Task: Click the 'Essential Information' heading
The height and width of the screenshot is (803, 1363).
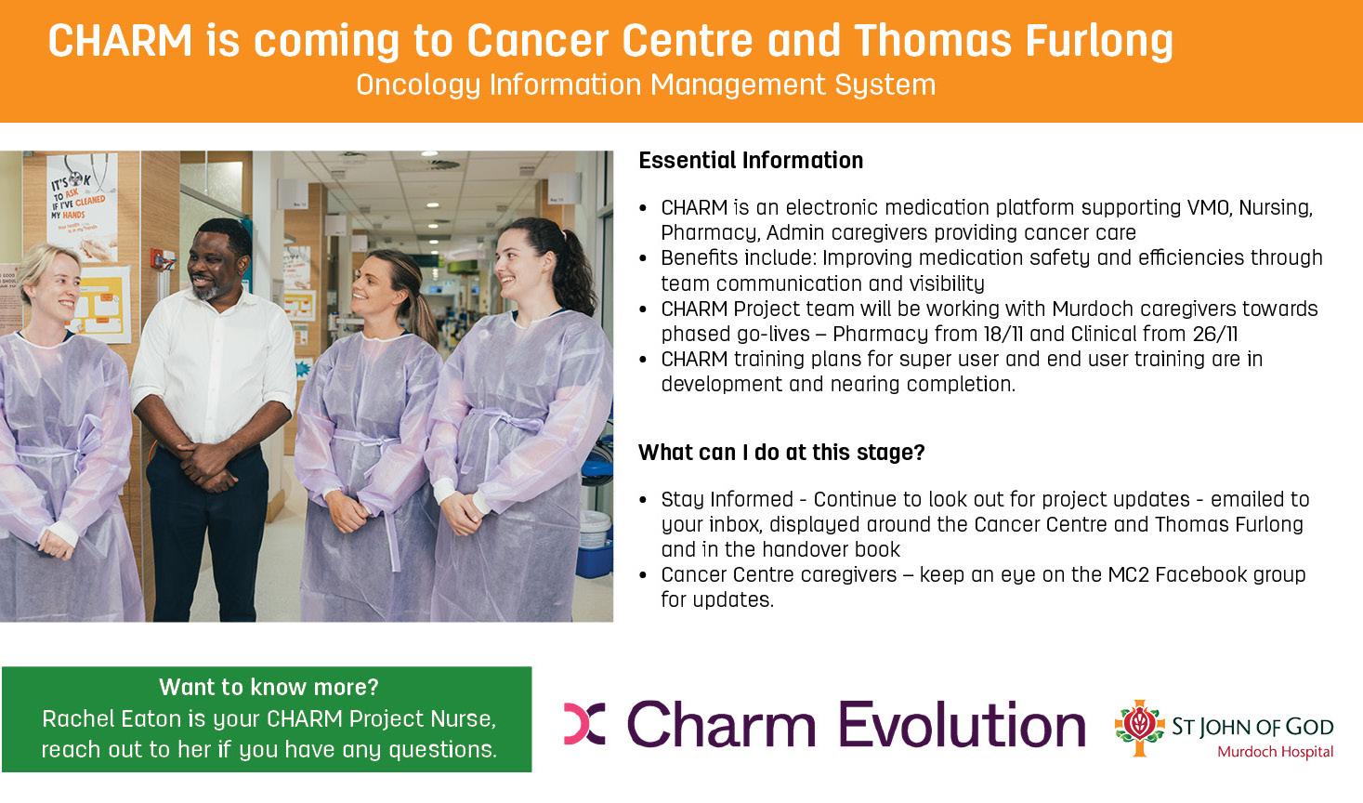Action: tap(751, 161)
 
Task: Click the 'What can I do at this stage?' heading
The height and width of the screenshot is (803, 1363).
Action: tap(781, 453)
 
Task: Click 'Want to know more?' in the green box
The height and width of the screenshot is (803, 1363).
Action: tap(269, 688)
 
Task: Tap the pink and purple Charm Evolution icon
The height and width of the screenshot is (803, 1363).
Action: tap(584, 724)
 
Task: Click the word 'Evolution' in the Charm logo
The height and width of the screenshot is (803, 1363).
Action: tap(963, 724)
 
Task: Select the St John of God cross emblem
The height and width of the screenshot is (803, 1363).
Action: tap(1140, 728)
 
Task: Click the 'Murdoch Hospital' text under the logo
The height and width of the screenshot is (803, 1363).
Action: tap(1276, 752)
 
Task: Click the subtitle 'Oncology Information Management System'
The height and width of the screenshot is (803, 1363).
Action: tap(646, 86)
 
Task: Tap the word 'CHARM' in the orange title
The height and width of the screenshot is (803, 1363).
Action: tap(120, 41)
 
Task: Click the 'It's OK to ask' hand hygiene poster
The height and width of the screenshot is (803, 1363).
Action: tap(82, 204)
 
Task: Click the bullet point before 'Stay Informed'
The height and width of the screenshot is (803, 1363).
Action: tap(643, 500)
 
